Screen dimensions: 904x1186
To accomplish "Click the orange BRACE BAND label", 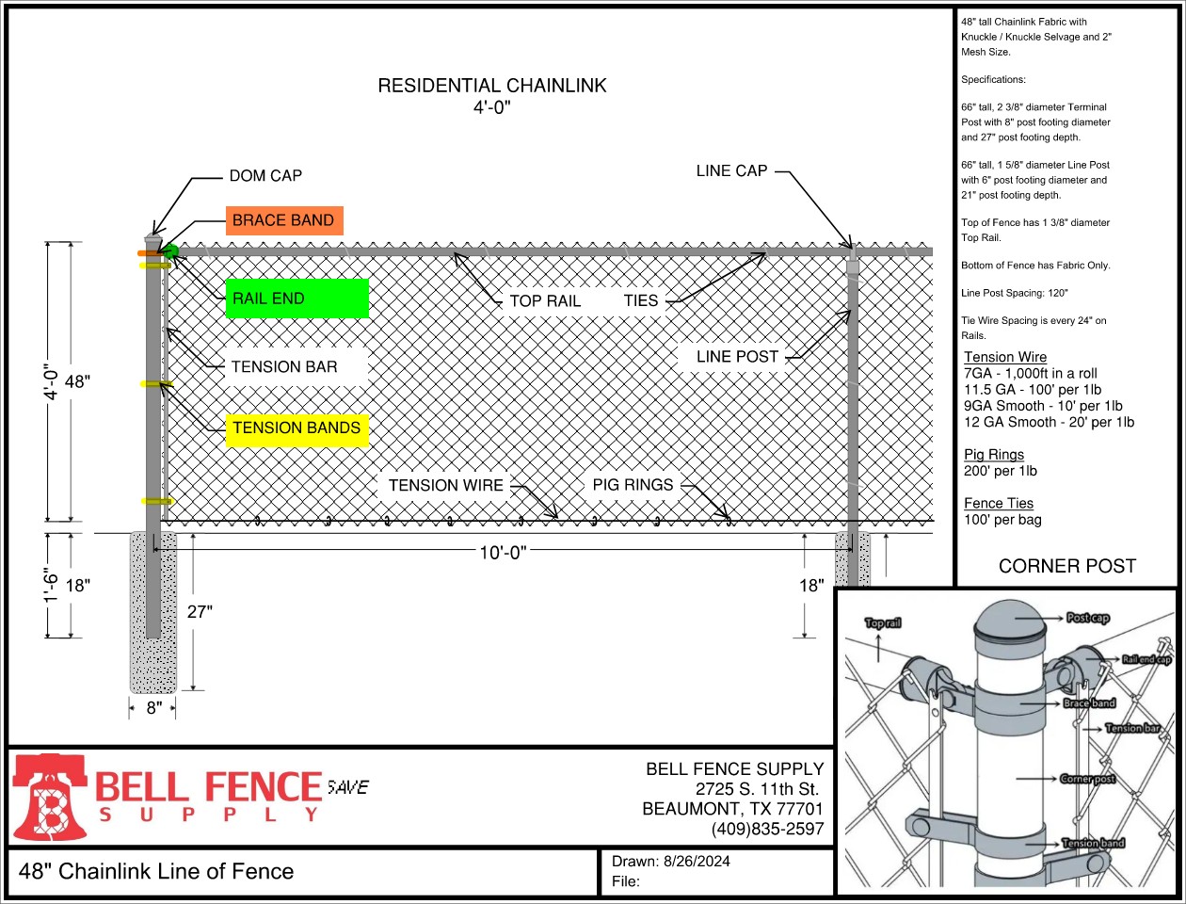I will [283, 220].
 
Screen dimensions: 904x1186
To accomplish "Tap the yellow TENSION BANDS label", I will [296, 428].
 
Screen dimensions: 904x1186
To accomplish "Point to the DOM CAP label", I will [265, 176].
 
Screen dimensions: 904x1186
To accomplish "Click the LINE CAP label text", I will [731, 170].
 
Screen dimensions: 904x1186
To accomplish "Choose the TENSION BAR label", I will [284, 367].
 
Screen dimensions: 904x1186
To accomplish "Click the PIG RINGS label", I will [633, 485].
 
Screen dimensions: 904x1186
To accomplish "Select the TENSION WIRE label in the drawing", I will [446, 486].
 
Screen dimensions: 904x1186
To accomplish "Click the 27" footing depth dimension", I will [200, 612].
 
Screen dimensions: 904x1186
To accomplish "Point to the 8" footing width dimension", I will [154, 707].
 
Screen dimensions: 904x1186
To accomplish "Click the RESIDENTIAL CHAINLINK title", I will [492, 86].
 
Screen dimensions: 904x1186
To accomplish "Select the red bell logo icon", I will [49, 797].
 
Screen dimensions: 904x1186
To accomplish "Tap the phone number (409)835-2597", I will [767, 830].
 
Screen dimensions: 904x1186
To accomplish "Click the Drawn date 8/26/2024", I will [697, 861].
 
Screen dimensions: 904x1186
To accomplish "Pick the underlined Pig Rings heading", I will [993, 455].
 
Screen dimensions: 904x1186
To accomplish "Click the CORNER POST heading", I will [1066, 566].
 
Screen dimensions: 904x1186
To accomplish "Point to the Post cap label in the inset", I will [1087, 618].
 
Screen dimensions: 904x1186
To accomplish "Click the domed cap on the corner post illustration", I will [1008, 621].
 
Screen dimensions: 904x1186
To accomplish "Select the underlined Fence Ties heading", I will [998, 504].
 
